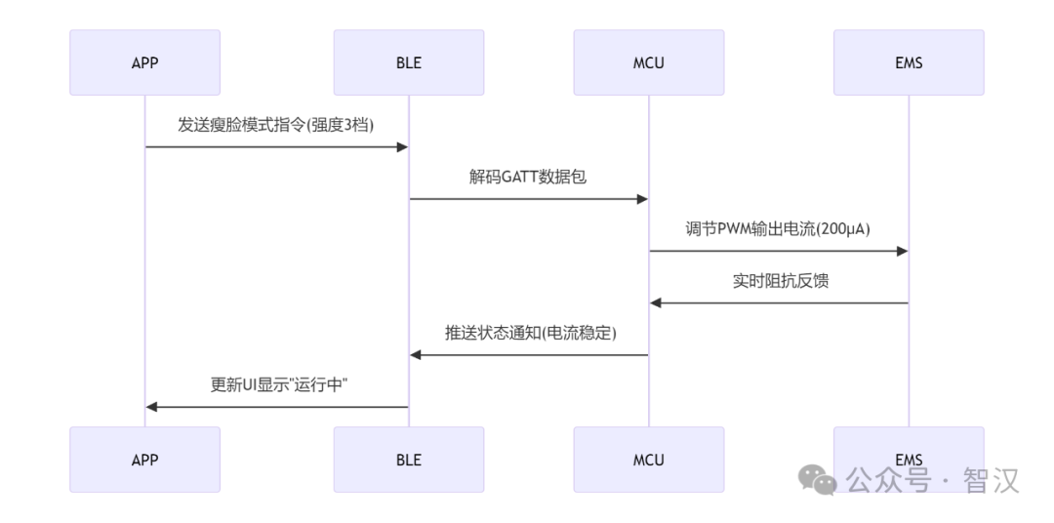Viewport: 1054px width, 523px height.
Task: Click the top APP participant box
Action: (144, 62)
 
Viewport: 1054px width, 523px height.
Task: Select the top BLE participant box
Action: (408, 62)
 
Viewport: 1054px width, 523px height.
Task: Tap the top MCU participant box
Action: (648, 62)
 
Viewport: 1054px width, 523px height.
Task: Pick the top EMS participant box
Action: (909, 62)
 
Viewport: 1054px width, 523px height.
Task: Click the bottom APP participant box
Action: (144, 460)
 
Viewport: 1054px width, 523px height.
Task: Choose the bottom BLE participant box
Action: (408, 460)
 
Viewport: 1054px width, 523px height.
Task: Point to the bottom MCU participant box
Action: (648, 460)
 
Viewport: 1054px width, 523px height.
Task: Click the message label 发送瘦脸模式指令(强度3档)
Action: (276, 126)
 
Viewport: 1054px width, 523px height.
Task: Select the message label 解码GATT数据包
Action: (528, 179)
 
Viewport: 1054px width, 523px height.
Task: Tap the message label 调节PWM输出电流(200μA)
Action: (778, 230)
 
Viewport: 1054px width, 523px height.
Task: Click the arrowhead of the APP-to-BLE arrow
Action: (401, 147)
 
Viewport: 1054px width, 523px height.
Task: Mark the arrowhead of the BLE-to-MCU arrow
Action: (641, 199)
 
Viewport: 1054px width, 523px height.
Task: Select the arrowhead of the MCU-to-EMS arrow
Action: (902, 251)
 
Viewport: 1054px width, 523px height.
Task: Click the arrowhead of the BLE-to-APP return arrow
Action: (152, 407)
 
